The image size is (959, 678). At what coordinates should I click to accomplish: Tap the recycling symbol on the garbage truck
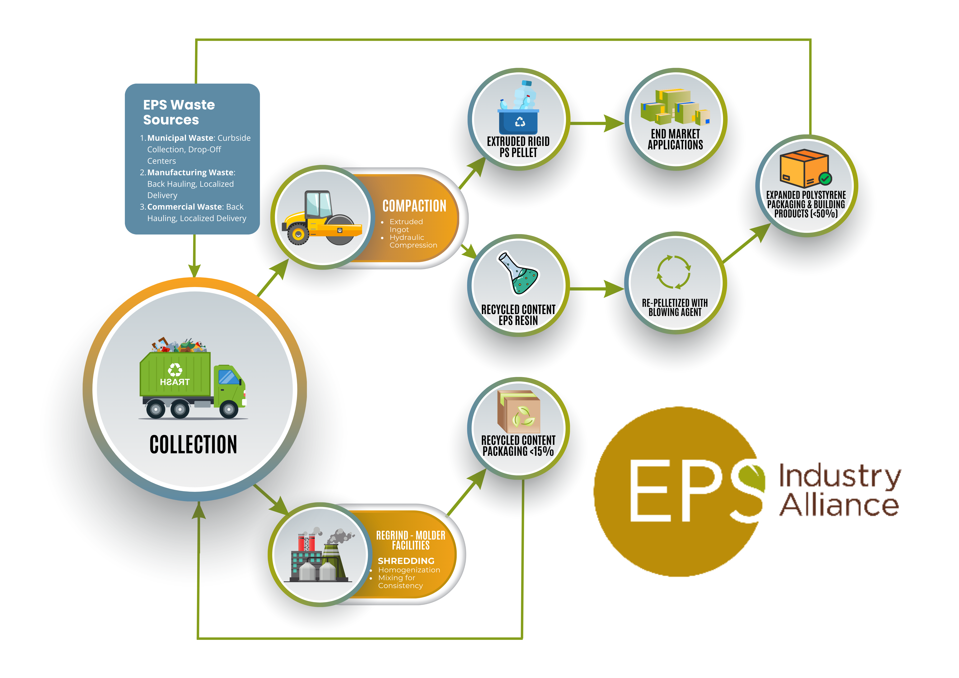[175, 369]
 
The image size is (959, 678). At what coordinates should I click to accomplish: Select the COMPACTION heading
[414, 206]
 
